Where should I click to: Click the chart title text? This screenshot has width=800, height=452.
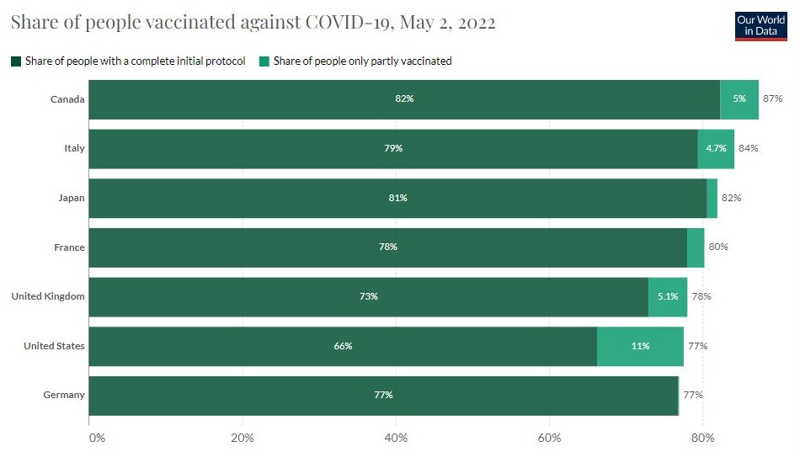(x=253, y=23)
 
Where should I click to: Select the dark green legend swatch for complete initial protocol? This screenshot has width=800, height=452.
(x=15, y=61)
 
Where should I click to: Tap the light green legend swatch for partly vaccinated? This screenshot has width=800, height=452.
(x=264, y=61)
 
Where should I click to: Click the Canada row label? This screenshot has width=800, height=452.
(x=67, y=99)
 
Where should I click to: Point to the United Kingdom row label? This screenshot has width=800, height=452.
(x=48, y=296)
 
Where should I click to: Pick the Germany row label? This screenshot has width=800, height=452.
(x=64, y=395)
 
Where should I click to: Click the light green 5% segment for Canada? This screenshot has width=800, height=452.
(x=739, y=99)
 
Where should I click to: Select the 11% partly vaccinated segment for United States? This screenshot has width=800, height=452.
(x=640, y=346)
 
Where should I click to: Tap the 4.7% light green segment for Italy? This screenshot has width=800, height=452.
(x=716, y=149)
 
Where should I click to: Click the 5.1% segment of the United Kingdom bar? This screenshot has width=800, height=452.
(x=667, y=296)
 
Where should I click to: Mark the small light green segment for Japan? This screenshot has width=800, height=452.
(x=712, y=198)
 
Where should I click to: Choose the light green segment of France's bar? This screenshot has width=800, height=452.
(x=696, y=247)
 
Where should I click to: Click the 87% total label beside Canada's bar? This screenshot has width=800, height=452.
(x=772, y=99)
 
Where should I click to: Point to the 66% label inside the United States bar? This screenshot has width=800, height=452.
(x=342, y=346)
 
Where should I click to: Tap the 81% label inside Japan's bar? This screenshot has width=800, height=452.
(x=397, y=198)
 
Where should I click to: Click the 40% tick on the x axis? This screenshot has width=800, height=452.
(x=396, y=438)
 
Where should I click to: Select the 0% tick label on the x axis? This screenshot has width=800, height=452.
(x=96, y=438)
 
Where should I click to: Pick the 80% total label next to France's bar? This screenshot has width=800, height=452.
(x=717, y=247)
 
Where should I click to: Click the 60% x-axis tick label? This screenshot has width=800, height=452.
(x=549, y=438)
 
